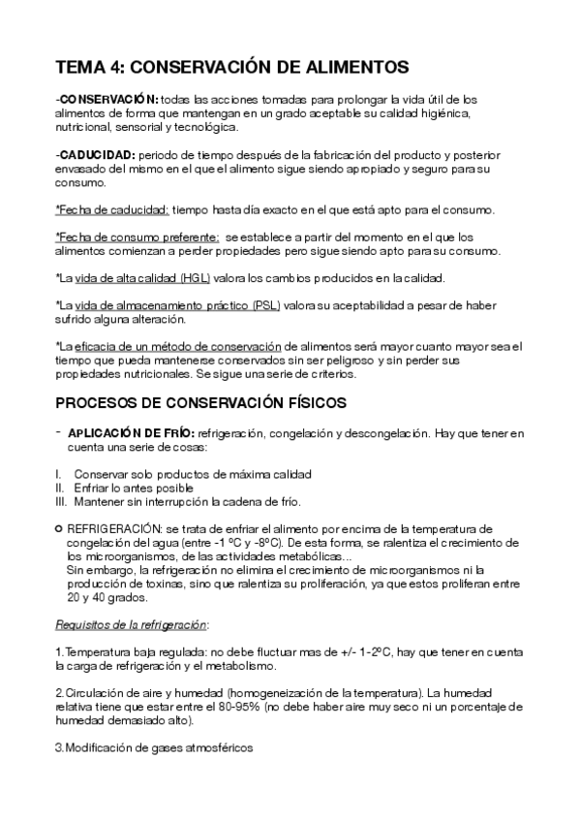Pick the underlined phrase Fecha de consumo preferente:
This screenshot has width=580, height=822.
tap(137, 237)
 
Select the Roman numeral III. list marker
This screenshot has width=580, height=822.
tap(61, 501)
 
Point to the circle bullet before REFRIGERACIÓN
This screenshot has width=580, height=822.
tap(58, 529)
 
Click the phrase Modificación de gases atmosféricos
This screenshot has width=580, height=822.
tap(156, 749)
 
